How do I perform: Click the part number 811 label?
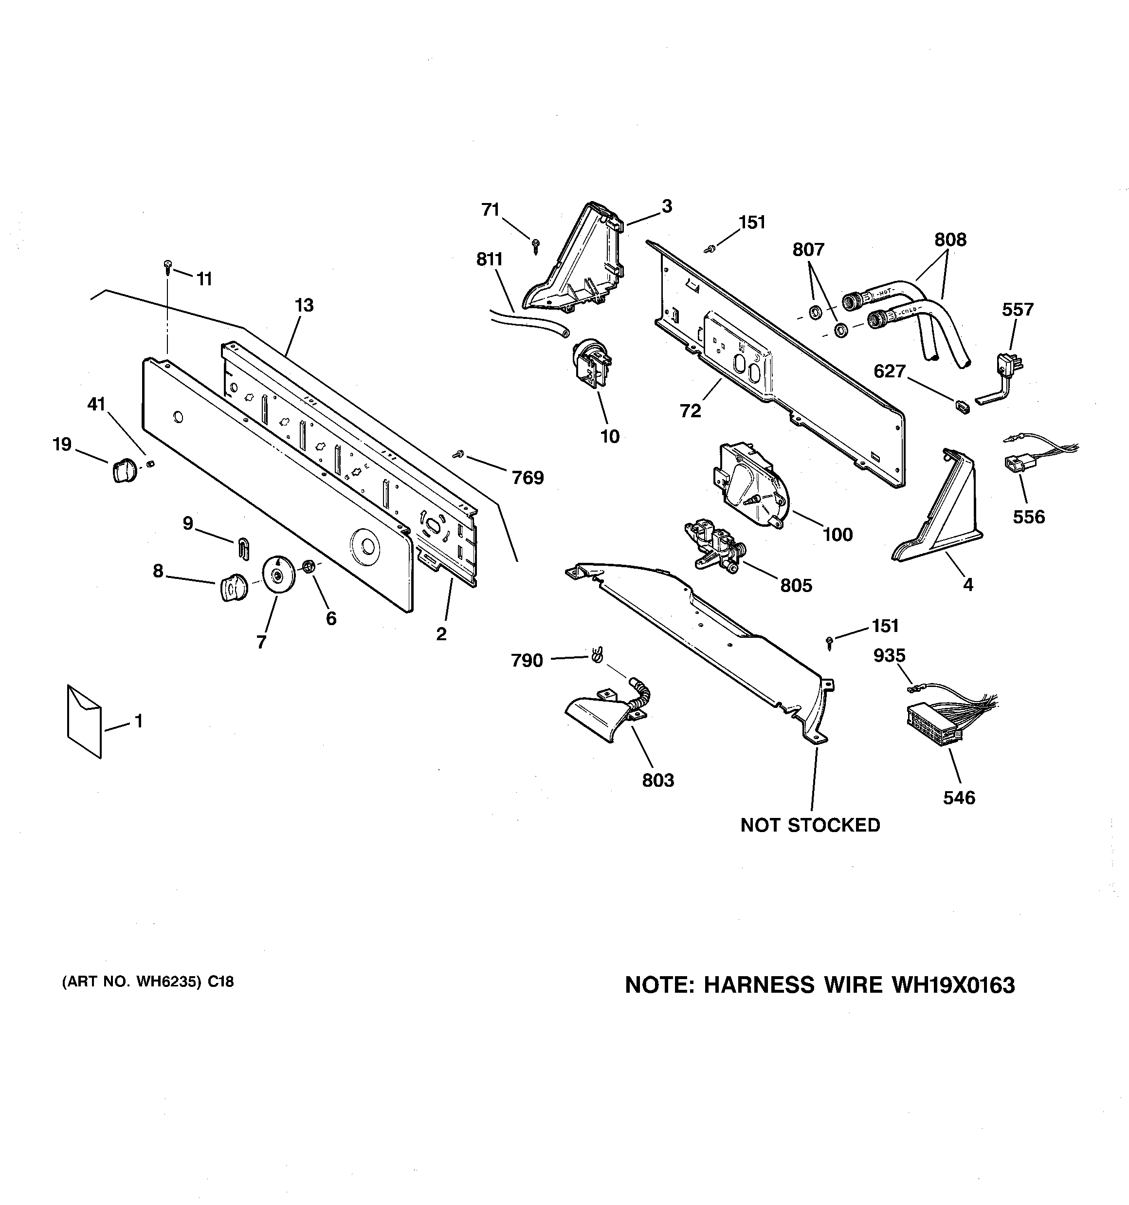(x=489, y=260)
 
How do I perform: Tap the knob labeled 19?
(x=123, y=470)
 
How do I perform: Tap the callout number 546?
(x=959, y=797)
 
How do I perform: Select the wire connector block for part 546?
(x=934, y=724)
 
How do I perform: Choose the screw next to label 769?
(x=459, y=453)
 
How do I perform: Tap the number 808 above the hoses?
(x=949, y=240)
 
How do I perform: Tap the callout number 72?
(x=690, y=411)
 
